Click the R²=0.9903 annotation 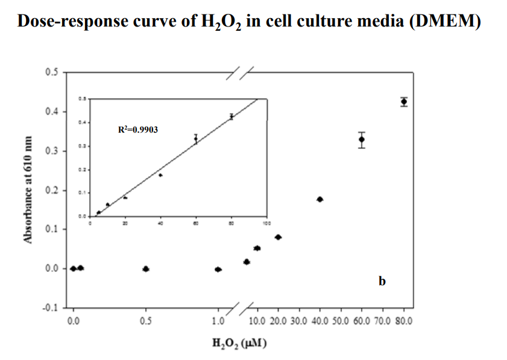point(138,129)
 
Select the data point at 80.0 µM point(404,101)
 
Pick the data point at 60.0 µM point(361,139)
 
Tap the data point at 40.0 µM point(320,199)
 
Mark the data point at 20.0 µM point(278,237)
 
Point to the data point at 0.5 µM point(145,269)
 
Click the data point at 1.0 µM point(218,270)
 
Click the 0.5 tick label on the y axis point(51,72)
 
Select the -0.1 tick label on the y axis point(50,308)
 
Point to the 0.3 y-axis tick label point(51,151)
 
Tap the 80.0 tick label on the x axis point(403,321)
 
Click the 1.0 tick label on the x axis point(218,321)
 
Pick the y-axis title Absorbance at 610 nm point(27,190)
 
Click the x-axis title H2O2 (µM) point(240,344)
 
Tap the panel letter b point(382,281)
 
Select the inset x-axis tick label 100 point(266,223)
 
